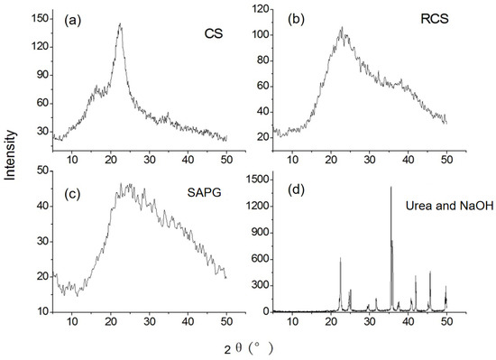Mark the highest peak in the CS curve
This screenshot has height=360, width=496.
tap(119, 24)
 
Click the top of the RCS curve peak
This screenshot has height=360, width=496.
tap(342, 28)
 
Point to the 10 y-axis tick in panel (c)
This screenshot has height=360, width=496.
tap(40, 311)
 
